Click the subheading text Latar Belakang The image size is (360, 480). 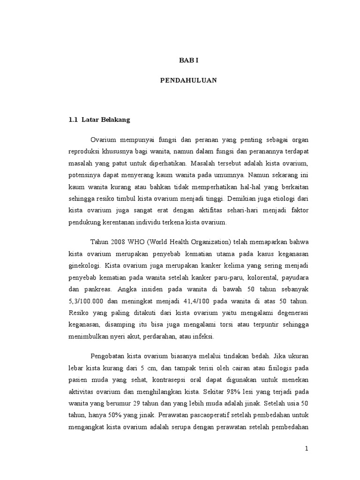tap(105, 120)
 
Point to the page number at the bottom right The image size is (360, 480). tap(307, 449)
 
